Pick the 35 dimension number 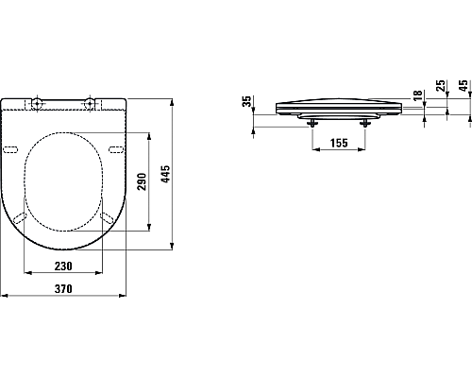(247, 103)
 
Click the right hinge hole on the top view (91, 101)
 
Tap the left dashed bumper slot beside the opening (12, 150)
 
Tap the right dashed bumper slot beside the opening (116, 150)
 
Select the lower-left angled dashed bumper (21, 218)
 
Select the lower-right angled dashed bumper (108, 218)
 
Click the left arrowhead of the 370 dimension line (4, 295)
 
